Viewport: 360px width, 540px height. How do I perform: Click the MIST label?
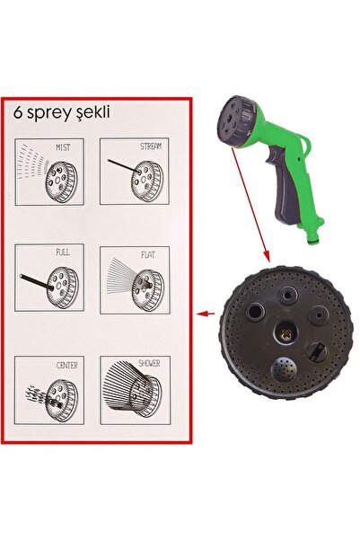click(x=63, y=147)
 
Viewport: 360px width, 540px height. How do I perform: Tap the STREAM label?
click(x=151, y=146)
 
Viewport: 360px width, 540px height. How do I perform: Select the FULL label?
click(x=63, y=252)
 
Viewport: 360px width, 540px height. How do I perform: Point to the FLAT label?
click(x=148, y=254)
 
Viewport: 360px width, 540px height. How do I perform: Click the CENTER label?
click(x=67, y=365)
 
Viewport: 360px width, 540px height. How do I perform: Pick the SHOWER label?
click(x=149, y=363)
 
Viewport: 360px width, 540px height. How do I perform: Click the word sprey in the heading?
click(x=51, y=113)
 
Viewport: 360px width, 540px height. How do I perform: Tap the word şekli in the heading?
click(x=94, y=113)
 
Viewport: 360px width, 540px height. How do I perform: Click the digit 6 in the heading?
click(x=18, y=112)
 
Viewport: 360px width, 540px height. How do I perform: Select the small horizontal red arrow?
click(x=206, y=314)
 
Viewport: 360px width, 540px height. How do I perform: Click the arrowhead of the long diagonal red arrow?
click(x=267, y=257)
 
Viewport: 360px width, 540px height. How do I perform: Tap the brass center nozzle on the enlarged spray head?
click(x=285, y=332)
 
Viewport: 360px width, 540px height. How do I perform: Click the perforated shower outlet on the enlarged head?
click(x=284, y=369)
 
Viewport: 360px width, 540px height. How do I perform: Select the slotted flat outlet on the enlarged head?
click(x=317, y=352)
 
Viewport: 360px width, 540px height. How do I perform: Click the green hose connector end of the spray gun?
click(x=314, y=238)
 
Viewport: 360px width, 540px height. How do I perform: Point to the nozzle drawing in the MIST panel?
click(x=61, y=181)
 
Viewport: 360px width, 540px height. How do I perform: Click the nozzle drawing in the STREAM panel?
click(x=147, y=181)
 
